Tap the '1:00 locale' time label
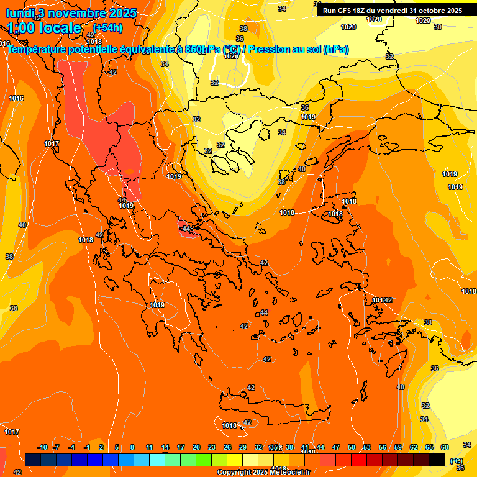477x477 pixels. [x=44, y=28]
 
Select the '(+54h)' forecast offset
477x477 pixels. [x=108, y=27]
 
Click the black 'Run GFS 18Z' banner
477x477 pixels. [x=393, y=11]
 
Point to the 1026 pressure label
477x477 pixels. [x=231, y=56]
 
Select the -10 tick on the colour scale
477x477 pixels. [x=42, y=447]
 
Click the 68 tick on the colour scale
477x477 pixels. [x=445, y=447]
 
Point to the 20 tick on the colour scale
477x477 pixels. [x=196, y=447]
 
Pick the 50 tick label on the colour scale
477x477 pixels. [x=352, y=447]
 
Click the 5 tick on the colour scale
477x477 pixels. [x=117, y=447]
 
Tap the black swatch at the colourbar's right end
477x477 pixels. [x=437, y=460]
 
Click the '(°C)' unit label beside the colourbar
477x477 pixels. [x=457, y=460]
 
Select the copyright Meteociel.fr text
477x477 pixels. [x=263, y=473]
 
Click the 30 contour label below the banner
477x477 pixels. [x=438, y=27]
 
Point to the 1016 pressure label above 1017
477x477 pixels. [x=16, y=98]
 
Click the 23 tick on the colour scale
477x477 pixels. [x=212, y=447]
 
